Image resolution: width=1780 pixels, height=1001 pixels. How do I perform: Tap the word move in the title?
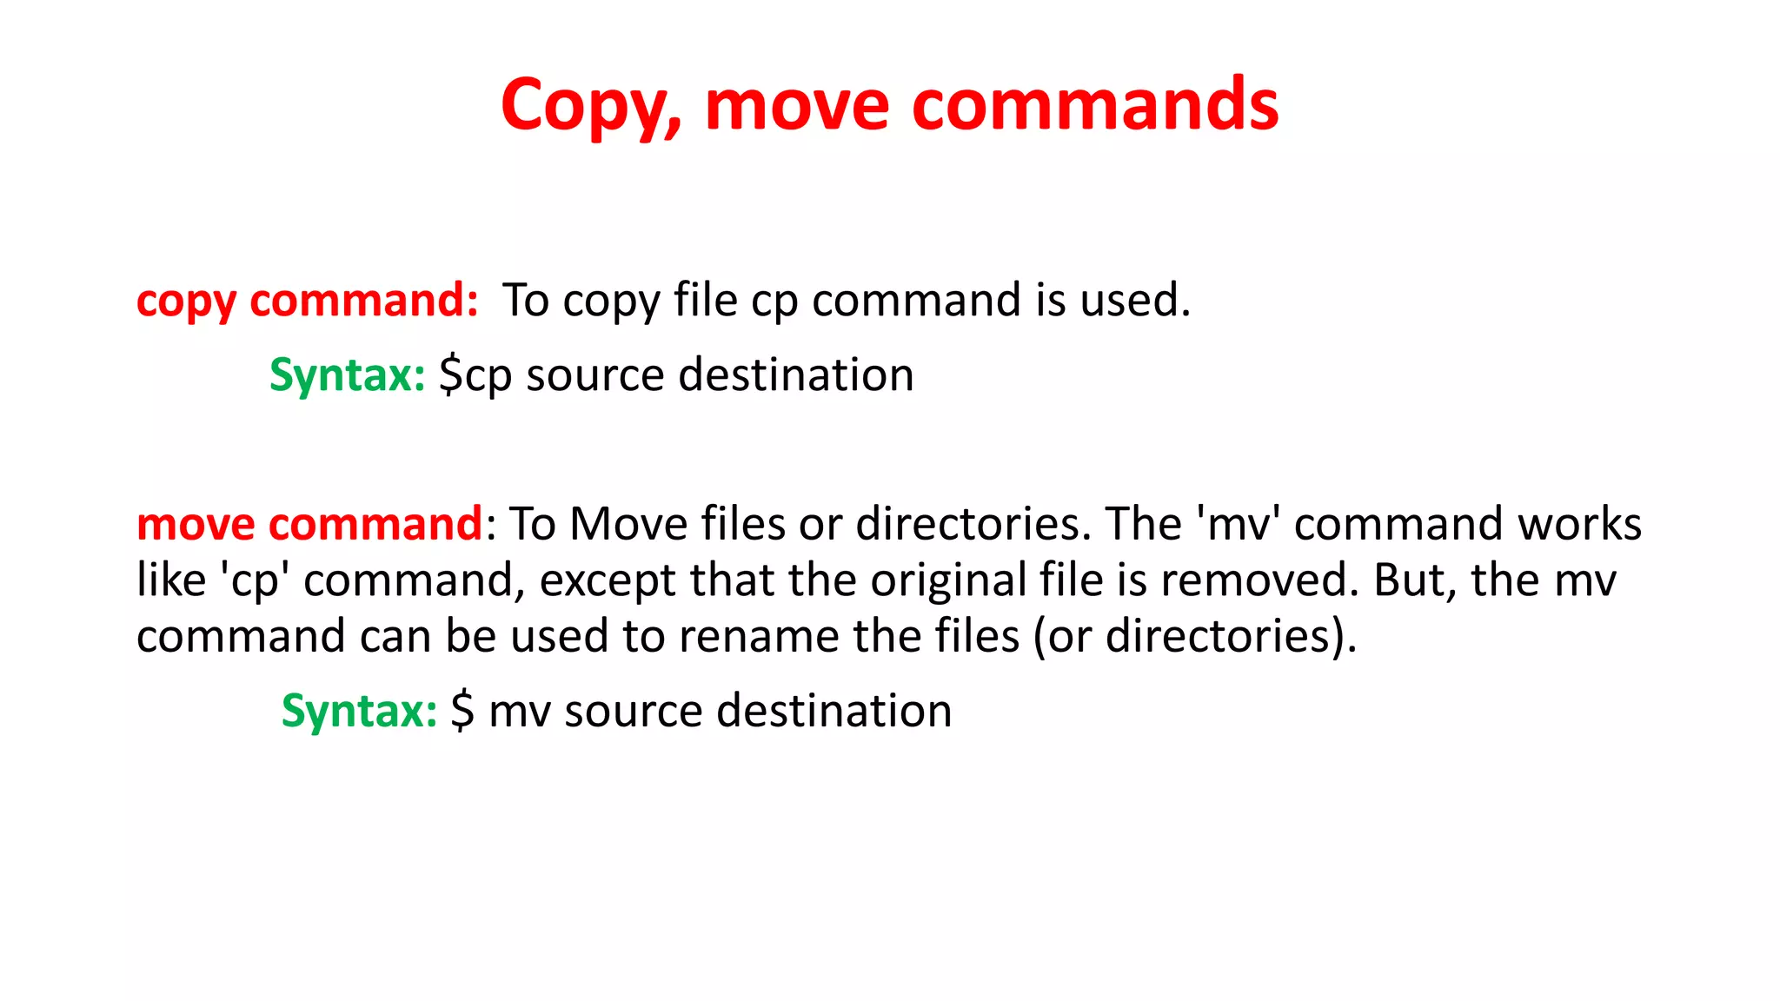797,106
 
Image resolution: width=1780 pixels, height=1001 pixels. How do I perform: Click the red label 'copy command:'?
308,301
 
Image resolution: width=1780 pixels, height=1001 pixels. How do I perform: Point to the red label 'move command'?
309,524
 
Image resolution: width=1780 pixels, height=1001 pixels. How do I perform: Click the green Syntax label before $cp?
347,375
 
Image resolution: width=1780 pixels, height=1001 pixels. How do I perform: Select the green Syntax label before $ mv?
359,711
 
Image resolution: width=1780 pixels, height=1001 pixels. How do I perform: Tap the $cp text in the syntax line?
475,375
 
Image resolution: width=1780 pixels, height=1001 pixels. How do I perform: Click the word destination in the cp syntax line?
795,375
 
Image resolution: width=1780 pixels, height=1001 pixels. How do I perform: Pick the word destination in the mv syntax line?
834,711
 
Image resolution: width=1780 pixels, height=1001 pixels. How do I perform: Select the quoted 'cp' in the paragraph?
254,580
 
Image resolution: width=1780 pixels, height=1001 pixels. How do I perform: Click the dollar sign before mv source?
462,711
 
